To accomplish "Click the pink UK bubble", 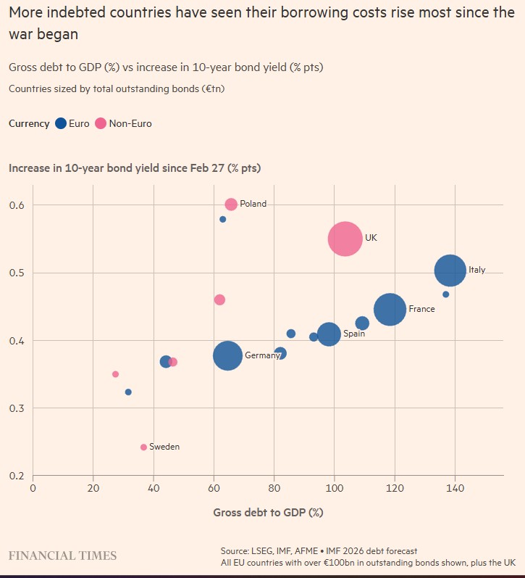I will pos(345,239).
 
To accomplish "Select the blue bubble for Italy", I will pos(450,271).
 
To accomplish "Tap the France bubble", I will pos(390,310).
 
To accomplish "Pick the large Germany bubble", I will pos(228,355).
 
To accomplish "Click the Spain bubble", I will pos(329,334).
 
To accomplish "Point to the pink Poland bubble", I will pos(231,205).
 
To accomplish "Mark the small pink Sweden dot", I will pos(143,447).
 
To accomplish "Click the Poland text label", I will pos(253,205).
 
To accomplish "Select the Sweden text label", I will pos(164,447).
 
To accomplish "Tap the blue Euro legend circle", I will pos(61,123).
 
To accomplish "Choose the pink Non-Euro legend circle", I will pos(100,123).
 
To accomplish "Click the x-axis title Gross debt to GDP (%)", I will pos(268,513).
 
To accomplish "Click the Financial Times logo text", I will pos(62,556).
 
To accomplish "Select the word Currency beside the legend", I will pos(29,123).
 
